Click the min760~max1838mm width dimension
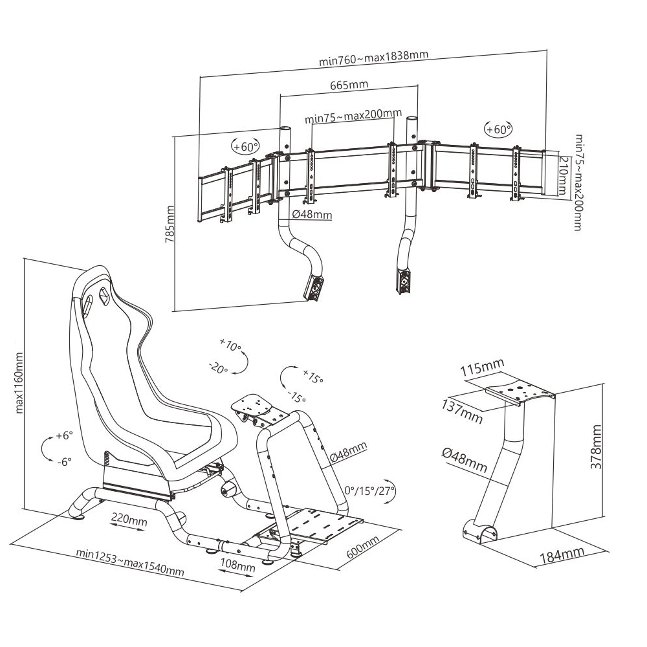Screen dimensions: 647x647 [373, 58]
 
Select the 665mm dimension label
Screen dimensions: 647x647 [349, 85]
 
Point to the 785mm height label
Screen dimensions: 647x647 [170, 223]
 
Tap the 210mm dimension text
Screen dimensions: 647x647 [562, 175]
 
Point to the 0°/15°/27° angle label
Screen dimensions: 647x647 [369, 490]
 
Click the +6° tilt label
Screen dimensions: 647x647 [63, 435]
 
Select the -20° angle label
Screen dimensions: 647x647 [218, 368]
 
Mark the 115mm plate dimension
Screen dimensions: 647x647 [482, 369]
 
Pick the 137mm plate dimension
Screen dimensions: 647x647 [463, 412]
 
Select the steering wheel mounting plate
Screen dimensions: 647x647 [255, 407]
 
